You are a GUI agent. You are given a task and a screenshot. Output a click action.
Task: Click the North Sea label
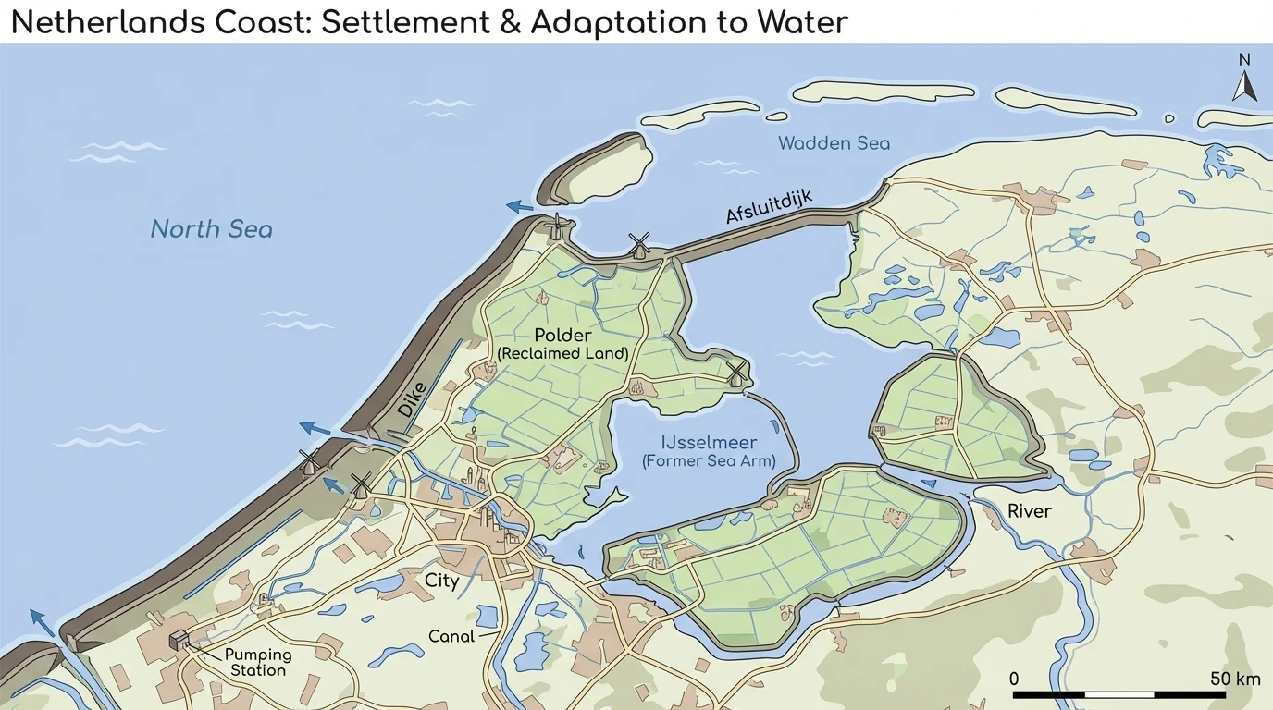tap(211, 228)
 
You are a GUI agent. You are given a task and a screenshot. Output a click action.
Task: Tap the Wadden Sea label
tap(834, 143)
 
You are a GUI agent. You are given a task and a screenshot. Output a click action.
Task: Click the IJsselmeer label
tap(709, 443)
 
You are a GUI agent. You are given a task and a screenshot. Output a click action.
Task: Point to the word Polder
tap(562, 335)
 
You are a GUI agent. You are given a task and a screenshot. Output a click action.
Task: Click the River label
tap(1030, 511)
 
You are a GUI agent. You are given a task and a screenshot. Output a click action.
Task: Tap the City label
tap(441, 581)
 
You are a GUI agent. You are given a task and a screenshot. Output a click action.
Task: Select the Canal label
tap(451, 636)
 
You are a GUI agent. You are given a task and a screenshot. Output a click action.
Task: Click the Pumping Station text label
tap(258, 662)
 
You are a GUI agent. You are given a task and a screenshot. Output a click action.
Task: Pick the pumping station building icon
tap(179, 640)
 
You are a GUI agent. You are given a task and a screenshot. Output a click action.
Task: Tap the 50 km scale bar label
tap(1235, 679)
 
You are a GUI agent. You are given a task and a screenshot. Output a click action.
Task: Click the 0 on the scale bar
tap(1014, 679)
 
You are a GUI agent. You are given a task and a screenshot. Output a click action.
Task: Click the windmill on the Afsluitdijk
tap(638, 245)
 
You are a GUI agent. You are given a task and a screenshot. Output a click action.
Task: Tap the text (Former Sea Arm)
tap(709, 461)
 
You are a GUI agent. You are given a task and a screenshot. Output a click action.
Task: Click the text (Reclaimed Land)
tap(562, 353)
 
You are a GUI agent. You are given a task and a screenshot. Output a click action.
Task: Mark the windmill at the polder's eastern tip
tap(736, 373)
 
